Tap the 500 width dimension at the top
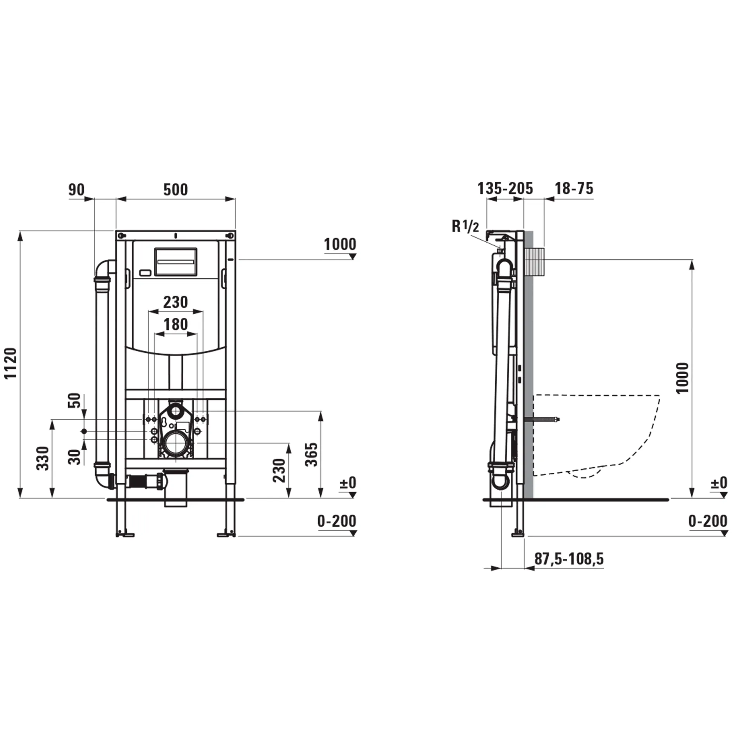coord(176,190)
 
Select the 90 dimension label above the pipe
coord(76,190)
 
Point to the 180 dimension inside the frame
coord(176,324)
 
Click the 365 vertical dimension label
coord(312,454)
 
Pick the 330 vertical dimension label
coord(43,458)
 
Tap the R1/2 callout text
coord(465,226)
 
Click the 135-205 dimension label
coord(505,189)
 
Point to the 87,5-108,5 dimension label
coord(569,559)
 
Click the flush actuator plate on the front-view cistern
coord(176,262)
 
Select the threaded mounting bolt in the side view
coord(542,419)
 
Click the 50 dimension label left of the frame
coord(76,400)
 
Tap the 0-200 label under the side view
coord(708,521)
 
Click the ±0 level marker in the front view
coord(348,483)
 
